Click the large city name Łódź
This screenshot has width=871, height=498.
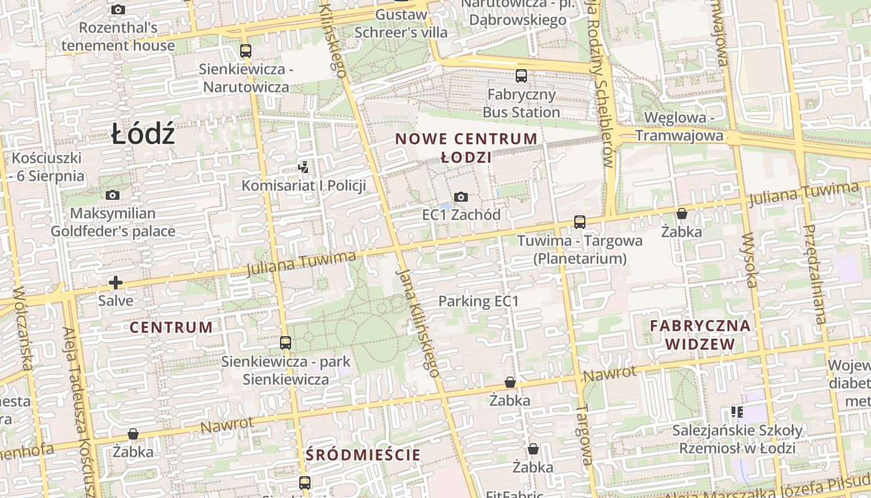[x=143, y=134]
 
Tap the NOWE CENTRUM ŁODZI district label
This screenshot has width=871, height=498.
[x=466, y=148]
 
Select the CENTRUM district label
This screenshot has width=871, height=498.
[x=171, y=327]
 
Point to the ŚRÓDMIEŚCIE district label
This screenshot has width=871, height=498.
[x=363, y=455]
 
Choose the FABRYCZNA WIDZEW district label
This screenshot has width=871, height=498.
[x=700, y=334]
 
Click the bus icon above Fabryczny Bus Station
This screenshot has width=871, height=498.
[x=521, y=76]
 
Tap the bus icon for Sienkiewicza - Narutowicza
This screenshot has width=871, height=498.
[x=246, y=51]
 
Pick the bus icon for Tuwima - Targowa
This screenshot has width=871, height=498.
[x=580, y=222]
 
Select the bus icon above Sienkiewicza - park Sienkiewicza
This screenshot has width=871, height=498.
[x=286, y=342]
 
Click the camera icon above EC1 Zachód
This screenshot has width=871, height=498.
[x=461, y=197]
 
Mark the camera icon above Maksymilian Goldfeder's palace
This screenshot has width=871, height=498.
[x=113, y=195]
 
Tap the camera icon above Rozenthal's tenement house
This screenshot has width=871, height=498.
[x=118, y=9]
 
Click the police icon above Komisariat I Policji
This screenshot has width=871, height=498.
[x=303, y=167]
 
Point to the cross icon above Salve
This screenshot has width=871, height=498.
[x=116, y=283]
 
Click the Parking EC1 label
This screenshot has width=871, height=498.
[x=478, y=301]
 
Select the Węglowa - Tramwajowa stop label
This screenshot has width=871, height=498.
[x=679, y=126]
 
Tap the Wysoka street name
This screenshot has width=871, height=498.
[x=750, y=260]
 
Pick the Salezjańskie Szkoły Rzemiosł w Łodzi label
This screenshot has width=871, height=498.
[x=737, y=439]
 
